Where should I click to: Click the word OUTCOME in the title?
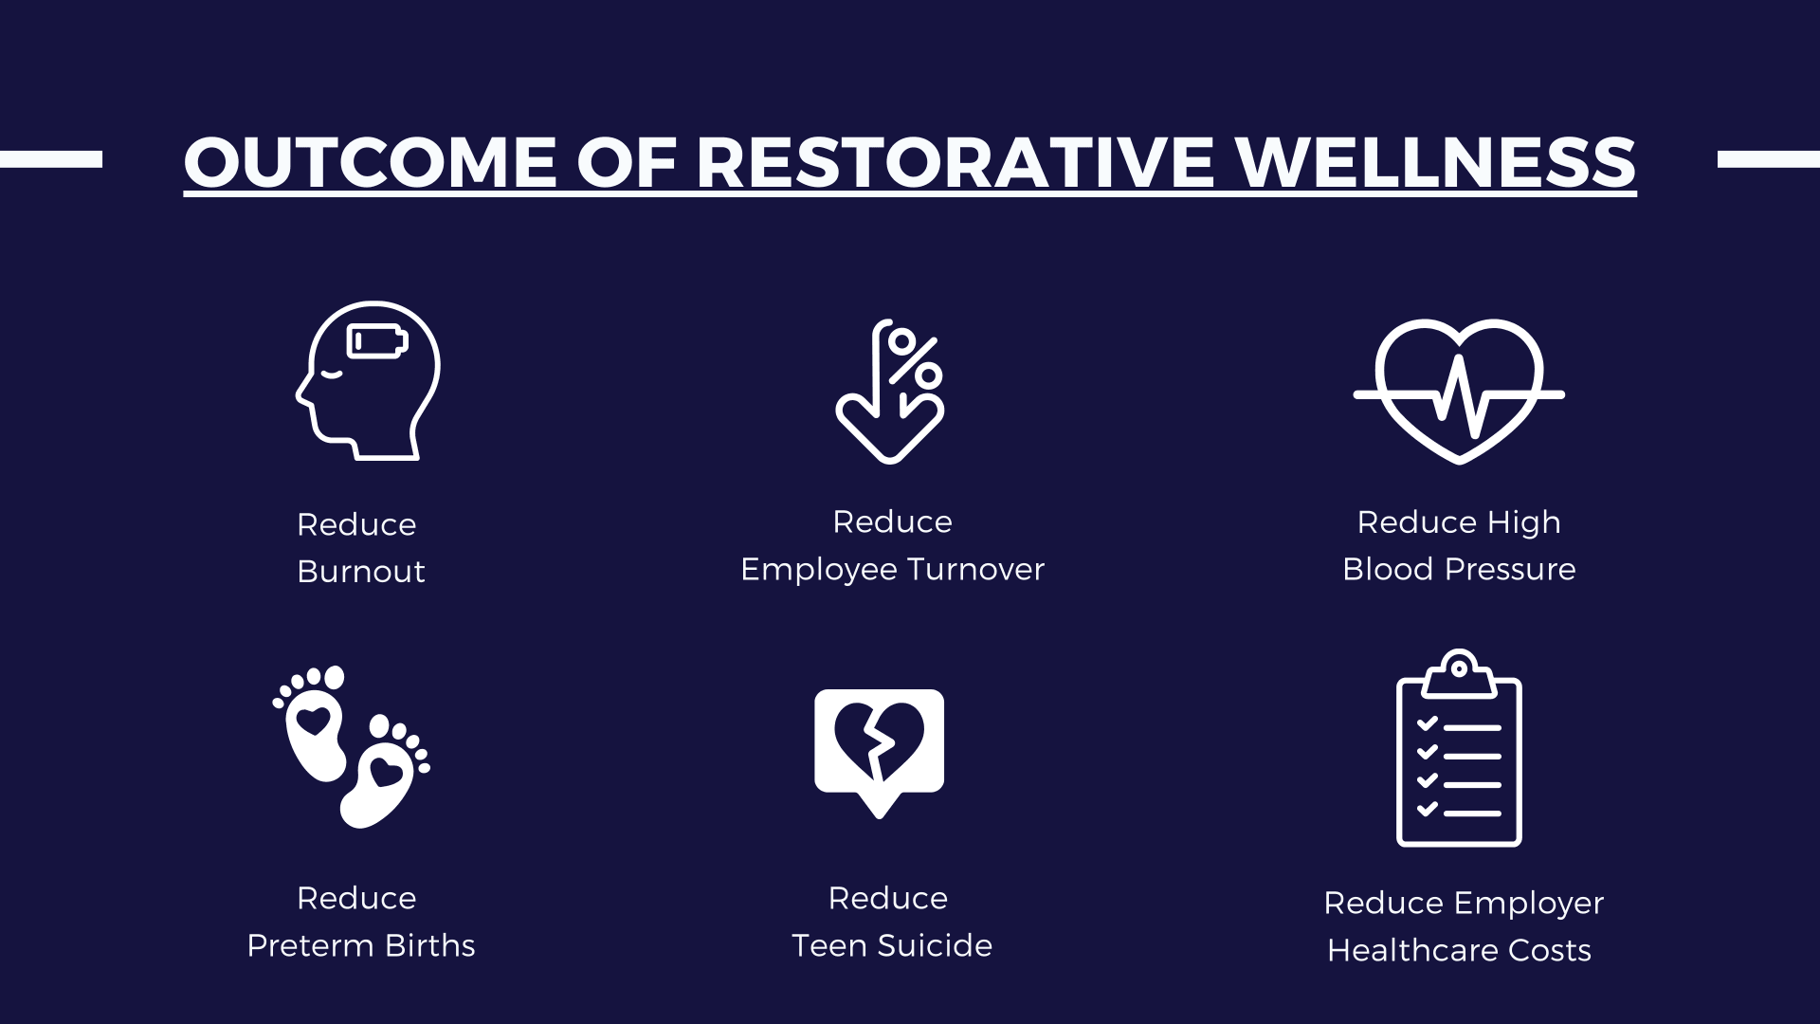point(370,162)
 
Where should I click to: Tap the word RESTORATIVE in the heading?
point(955,162)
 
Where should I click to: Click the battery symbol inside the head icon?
point(377,341)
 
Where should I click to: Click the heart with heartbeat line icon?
point(1459,392)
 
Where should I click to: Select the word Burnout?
point(361,572)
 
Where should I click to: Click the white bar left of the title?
point(51,159)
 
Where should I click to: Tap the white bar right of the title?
point(1769,159)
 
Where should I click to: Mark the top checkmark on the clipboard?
point(1428,723)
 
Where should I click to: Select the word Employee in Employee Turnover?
point(819,571)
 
